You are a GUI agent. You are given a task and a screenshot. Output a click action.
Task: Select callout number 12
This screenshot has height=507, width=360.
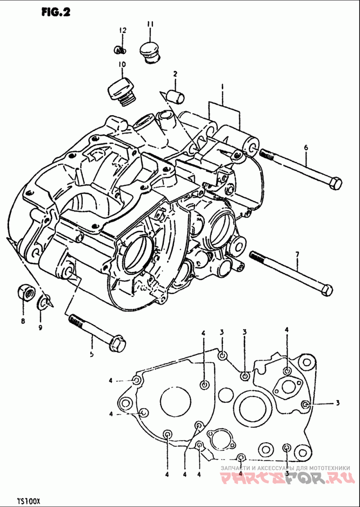123,31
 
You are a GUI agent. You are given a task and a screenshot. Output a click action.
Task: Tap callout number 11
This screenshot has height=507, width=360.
150,24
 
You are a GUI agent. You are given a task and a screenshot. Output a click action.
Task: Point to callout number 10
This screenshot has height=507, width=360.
121,64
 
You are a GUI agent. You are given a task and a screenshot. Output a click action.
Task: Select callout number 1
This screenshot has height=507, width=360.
222,86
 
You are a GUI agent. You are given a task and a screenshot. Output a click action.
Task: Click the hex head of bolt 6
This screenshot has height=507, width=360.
335,184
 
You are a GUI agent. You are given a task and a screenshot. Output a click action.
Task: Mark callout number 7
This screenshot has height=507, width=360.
297,255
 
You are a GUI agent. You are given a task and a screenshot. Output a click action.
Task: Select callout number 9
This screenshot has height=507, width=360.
40,327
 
